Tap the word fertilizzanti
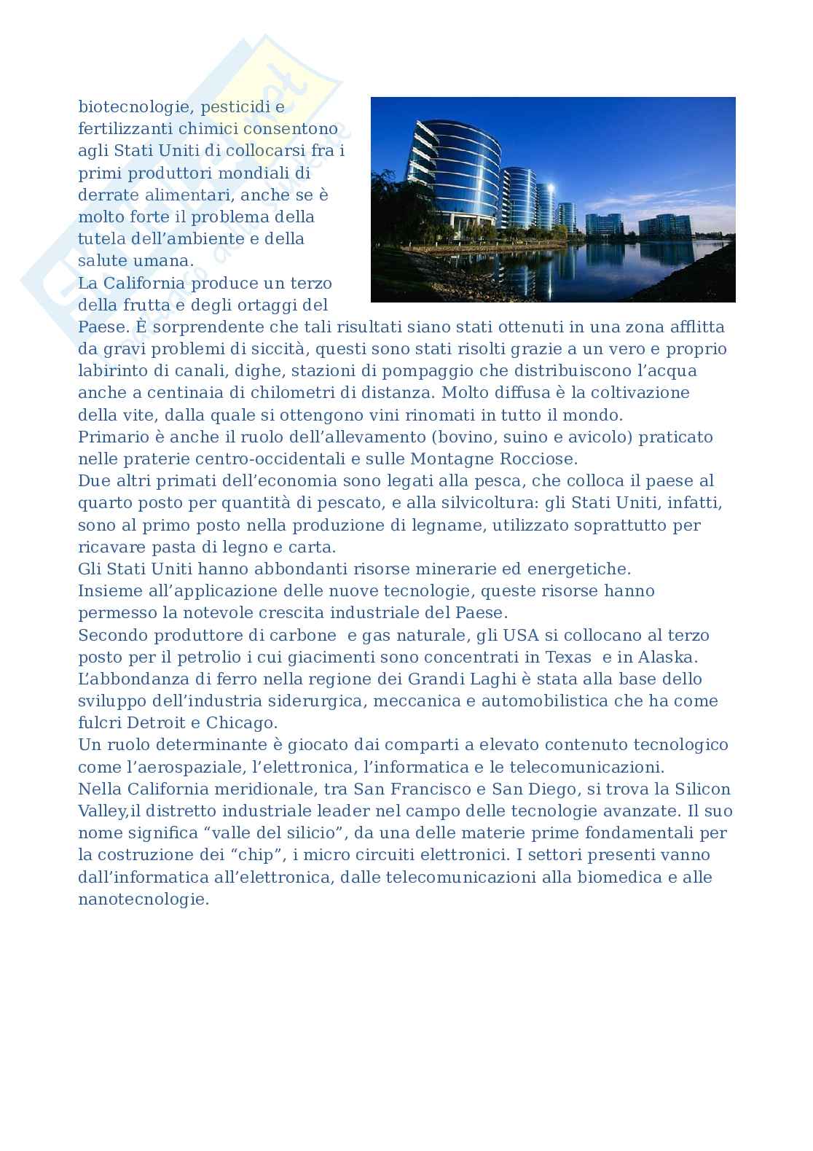tap(123, 129)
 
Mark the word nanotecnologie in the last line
tap(143, 899)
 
